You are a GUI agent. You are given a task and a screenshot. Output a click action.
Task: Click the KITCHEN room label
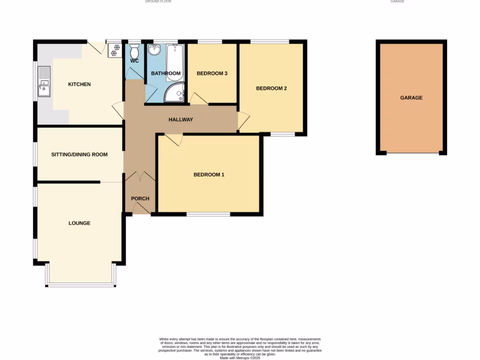pyautogui.click(x=79, y=84)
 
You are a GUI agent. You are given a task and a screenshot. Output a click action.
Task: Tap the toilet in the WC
pyautogui.click(x=134, y=51)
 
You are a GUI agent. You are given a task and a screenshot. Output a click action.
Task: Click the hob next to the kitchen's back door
pyautogui.click(x=114, y=50)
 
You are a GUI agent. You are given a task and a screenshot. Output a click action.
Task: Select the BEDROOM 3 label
pyautogui.click(x=212, y=74)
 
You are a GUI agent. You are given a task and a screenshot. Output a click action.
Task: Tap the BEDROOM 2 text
pyautogui.click(x=271, y=88)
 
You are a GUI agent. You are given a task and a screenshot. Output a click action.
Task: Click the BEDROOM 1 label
pyautogui.click(x=209, y=175)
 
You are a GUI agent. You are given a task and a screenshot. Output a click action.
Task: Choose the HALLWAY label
pyautogui.click(x=180, y=120)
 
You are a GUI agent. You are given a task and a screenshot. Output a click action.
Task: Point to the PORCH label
pyautogui.click(x=140, y=199)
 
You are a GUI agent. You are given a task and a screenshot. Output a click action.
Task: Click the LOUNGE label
pyautogui.click(x=79, y=223)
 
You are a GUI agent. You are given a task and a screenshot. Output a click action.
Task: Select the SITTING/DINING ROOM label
pyautogui.click(x=79, y=155)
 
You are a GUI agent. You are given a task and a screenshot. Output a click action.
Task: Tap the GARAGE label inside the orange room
pyautogui.click(x=411, y=98)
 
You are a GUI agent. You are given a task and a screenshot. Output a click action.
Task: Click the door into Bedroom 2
pyautogui.click(x=243, y=120)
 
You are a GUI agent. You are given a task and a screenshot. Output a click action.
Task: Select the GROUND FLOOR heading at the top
pyautogui.click(x=158, y=1)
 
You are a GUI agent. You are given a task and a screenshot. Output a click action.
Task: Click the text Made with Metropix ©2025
pyautogui.click(x=240, y=358)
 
